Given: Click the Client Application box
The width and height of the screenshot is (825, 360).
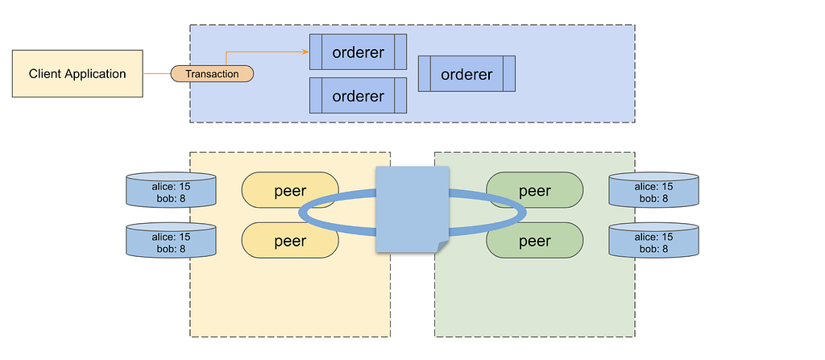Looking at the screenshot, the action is tap(77, 73).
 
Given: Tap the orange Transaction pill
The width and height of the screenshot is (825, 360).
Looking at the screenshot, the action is tap(212, 73).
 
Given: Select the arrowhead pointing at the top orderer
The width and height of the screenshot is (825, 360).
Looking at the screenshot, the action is tap(305, 52).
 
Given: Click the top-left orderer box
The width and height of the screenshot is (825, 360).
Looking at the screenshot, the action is tap(358, 52).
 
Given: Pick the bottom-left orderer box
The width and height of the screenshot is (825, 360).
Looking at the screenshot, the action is tap(358, 95).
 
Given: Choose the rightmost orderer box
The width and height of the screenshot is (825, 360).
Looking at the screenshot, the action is tap(466, 73).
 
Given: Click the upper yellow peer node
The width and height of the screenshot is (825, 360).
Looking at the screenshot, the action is tap(290, 190).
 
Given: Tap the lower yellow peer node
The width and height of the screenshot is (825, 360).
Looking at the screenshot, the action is tap(290, 241).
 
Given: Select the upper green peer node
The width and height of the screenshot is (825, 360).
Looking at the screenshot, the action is tap(535, 190).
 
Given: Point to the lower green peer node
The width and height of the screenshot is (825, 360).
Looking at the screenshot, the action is tap(535, 241).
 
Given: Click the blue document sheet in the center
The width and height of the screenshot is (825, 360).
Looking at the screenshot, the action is tap(412, 209).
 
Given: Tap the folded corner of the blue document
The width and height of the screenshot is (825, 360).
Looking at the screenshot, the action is tap(442, 246).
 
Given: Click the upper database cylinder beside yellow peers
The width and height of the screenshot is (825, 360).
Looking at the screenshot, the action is tap(171, 189).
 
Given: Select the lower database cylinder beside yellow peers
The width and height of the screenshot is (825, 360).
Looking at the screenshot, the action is tap(171, 240).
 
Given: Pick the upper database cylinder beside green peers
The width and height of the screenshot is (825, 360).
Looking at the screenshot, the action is tap(654, 189).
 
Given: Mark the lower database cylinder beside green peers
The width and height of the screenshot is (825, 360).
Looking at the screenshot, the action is tap(654, 240).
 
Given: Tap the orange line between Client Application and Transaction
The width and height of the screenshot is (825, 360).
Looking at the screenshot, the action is tap(157, 73).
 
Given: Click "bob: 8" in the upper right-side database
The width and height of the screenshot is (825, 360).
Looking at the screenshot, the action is tap(654, 198).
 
